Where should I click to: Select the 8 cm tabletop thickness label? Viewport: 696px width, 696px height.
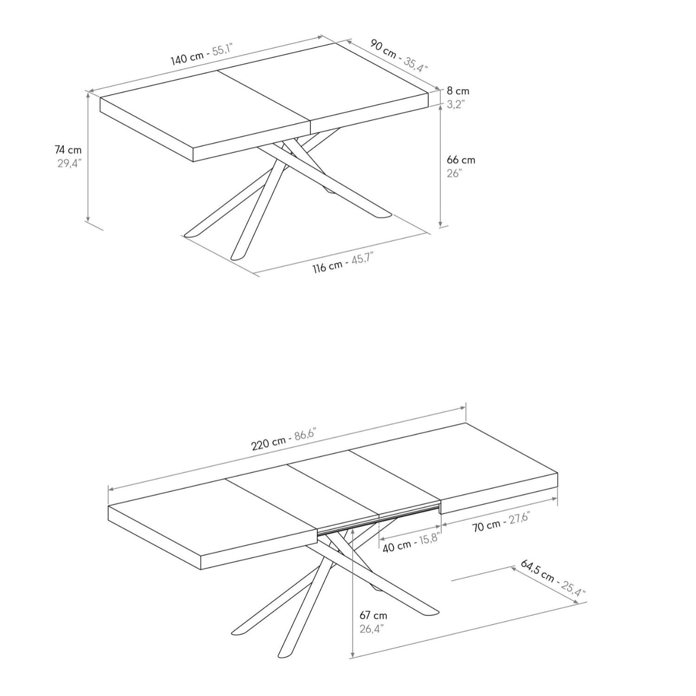[458, 91]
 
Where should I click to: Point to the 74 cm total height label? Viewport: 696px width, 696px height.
[68, 150]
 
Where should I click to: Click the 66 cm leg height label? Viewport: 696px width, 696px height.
[461, 160]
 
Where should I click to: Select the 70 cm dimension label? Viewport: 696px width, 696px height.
[487, 526]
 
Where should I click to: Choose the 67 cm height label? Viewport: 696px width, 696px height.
[373, 616]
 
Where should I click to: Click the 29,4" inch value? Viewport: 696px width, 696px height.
[69, 163]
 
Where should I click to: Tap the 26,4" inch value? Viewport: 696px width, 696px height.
[371, 629]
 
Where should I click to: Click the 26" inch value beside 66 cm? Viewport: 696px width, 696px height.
[454, 173]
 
